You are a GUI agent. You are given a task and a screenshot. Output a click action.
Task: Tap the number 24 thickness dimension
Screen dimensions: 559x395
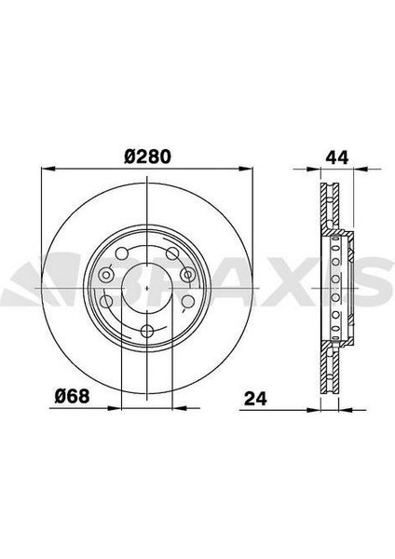point(256,401)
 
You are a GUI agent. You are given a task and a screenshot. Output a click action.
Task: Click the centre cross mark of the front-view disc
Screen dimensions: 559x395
point(147,290)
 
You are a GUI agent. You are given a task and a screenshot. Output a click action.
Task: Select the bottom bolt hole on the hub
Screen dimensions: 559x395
point(147,332)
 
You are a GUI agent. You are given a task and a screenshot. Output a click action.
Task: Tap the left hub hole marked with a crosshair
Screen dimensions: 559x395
point(106,277)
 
